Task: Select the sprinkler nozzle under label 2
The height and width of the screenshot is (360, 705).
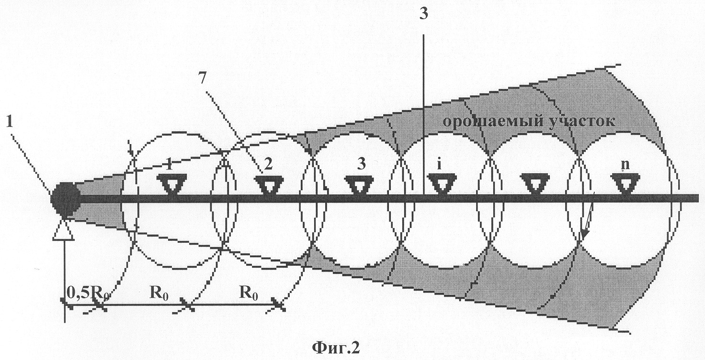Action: [269, 184]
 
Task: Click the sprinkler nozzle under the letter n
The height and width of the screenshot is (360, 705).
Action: [625, 183]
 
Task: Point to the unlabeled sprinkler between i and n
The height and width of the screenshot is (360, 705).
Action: [534, 184]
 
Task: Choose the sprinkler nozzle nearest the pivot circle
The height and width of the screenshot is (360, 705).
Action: [171, 184]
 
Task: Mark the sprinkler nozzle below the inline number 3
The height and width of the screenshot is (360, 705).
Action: [359, 185]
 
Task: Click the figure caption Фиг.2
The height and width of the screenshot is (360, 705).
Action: [335, 348]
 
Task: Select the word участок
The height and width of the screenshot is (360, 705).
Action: [574, 121]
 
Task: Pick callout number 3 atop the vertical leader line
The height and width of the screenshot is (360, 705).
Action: [424, 14]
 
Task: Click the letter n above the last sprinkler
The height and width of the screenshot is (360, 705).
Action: [625, 165]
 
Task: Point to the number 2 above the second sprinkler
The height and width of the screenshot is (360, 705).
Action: [269, 164]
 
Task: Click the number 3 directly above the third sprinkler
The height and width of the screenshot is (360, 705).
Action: [362, 164]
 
